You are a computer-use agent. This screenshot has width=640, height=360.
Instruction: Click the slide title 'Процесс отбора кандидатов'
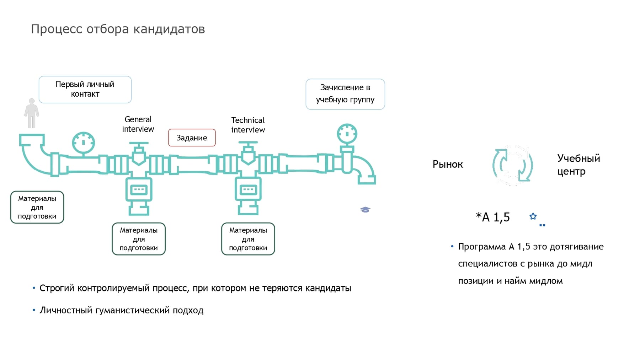click(x=118, y=29)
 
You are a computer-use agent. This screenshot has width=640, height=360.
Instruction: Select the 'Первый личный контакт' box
click(x=85, y=89)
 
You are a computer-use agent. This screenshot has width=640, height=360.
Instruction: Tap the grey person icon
click(x=32, y=113)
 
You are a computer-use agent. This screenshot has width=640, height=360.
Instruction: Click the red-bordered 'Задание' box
click(x=192, y=138)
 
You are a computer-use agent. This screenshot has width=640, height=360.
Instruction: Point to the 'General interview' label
click(x=138, y=124)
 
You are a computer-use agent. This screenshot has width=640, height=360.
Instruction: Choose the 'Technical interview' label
click(x=248, y=125)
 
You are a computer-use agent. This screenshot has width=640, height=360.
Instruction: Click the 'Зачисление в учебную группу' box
click(x=345, y=94)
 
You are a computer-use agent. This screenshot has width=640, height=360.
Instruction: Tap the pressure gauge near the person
click(x=83, y=143)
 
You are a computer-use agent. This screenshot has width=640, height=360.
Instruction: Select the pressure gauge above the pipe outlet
click(x=347, y=134)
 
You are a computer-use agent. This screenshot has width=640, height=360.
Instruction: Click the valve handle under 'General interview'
click(x=139, y=144)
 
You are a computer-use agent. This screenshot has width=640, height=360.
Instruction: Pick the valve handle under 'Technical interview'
click(x=248, y=143)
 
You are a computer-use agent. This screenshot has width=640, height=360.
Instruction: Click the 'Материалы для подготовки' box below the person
click(x=37, y=207)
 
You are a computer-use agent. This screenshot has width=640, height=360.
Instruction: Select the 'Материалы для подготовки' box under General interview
click(x=139, y=239)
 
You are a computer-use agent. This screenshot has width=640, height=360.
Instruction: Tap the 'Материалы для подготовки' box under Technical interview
click(x=248, y=239)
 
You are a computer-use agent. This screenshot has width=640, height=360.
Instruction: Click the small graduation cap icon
click(x=365, y=210)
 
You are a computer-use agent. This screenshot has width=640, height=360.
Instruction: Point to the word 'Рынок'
click(x=447, y=164)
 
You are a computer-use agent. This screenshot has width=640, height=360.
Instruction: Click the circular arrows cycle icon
click(x=512, y=165)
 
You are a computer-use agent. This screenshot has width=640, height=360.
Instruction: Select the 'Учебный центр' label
click(x=578, y=165)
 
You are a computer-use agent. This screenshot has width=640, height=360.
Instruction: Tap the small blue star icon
click(x=533, y=216)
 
